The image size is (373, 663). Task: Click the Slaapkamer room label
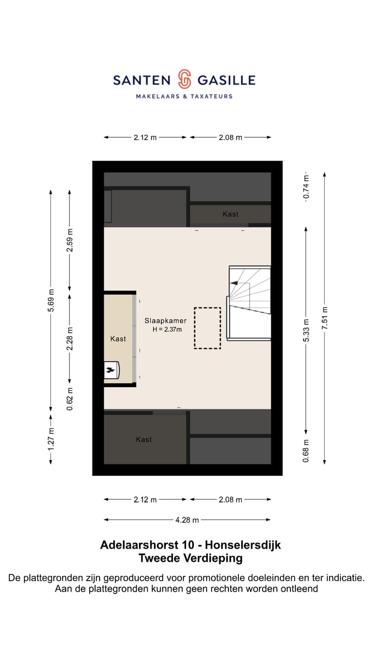pyautogui.click(x=165, y=321)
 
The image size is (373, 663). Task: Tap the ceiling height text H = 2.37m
pyautogui.click(x=165, y=330)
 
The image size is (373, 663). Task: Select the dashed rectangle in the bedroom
pyautogui.click(x=207, y=328)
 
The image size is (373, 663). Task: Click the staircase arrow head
pyautogui.click(x=234, y=283)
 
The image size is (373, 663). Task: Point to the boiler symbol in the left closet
pyautogui.click(x=111, y=370)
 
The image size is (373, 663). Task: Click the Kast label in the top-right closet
pyautogui.click(x=231, y=214)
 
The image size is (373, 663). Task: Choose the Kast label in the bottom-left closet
pyautogui.click(x=144, y=439)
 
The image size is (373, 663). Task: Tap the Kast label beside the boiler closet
pyautogui.click(x=118, y=339)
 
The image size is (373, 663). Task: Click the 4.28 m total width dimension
pyautogui.click(x=187, y=520)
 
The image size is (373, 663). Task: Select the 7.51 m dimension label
pyautogui.click(x=324, y=319)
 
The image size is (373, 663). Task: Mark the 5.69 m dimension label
pyautogui.click(x=51, y=300)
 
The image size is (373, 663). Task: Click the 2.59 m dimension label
pyautogui.click(x=70, y=240)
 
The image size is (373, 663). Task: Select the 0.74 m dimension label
pyautogui.click(x=306, y=188)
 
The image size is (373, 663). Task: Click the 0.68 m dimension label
pyautogui.click(x=306, y=450)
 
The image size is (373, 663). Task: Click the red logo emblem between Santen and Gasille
pyautogui.click(x=184, y=79)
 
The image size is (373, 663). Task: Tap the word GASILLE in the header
pyautogui.click(x=226, y=80)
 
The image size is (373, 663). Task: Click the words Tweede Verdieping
pyautogui.click(x=190, y=558)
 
